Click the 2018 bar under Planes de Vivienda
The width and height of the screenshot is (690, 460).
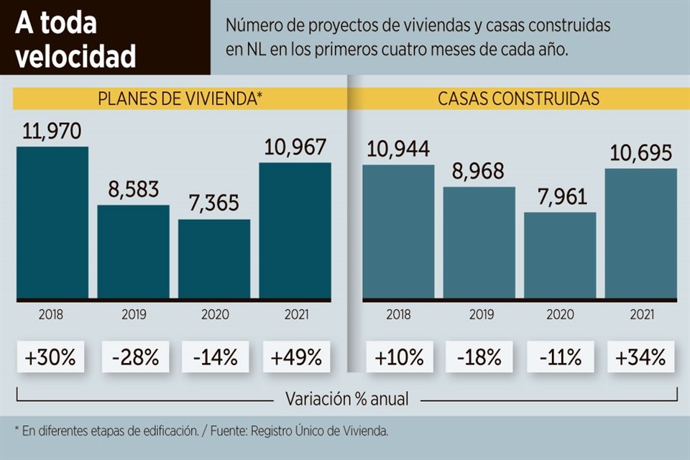coord(52,222)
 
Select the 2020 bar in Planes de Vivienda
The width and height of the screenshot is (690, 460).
coord(214,258)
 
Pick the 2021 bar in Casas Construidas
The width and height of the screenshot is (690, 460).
coord(641,233)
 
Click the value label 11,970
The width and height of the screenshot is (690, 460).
coord(52,132)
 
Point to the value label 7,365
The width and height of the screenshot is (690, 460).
coord(214,204)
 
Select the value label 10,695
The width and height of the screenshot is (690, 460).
coord(641,153)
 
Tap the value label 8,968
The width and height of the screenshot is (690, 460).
coord(479,172)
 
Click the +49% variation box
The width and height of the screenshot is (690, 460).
coord(296,356)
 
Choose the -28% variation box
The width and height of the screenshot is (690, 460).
coord(134,356)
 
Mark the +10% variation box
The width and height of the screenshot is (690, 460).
coord(399,356)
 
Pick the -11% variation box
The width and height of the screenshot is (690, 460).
coord(560,356)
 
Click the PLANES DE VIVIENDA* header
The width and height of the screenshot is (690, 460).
coord(180,99)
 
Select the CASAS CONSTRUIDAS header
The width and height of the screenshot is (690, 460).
coord(518,99)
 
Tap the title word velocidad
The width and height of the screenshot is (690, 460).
coord(76,56)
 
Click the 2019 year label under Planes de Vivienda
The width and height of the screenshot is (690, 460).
coord(134,314)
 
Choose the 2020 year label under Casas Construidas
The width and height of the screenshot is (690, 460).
coord(560,314)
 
